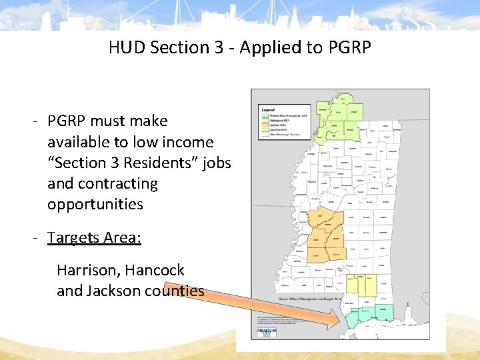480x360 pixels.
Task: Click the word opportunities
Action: tap(95, 204)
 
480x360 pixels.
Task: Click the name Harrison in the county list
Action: tap(87, 270)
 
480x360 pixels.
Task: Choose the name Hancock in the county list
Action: tap(155, 270)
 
